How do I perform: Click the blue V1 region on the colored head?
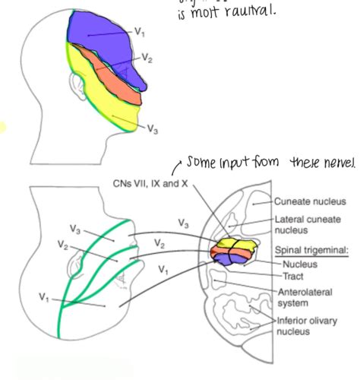(x=99, y=38)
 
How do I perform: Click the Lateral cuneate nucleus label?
(x=303, y=224)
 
